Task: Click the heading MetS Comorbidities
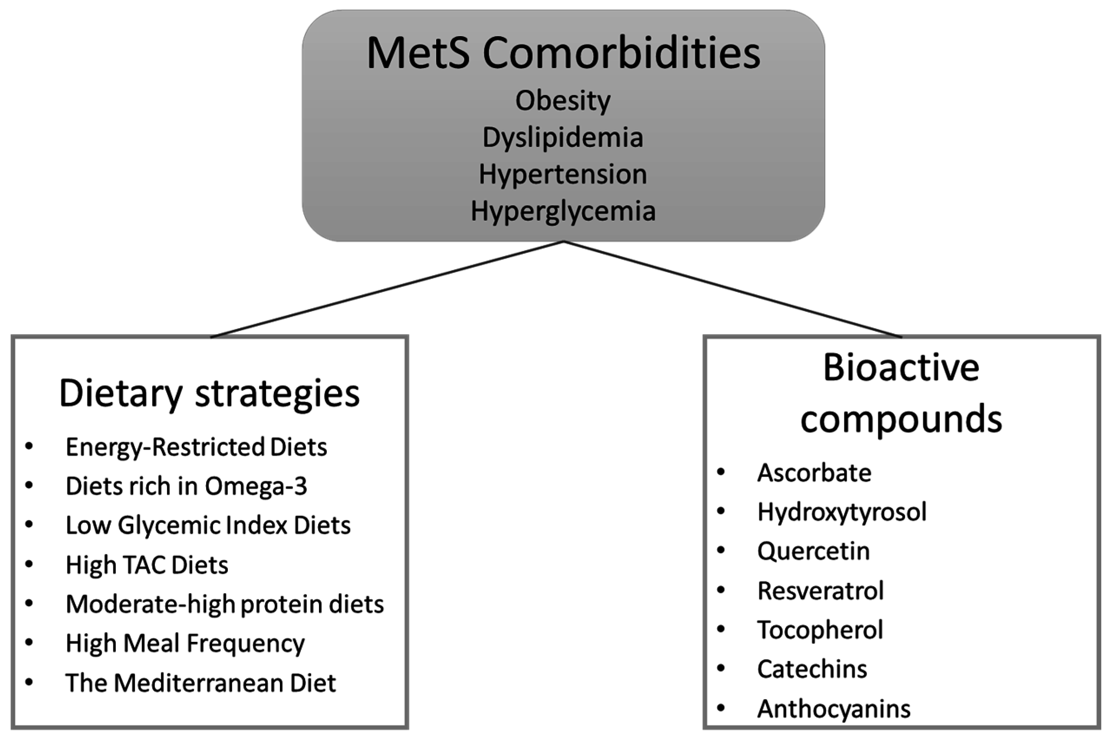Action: (563, 53)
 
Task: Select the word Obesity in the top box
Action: (563, 101)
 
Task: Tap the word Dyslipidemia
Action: (563, 138)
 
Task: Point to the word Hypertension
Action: (563, 174)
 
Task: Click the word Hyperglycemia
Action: (563, 211)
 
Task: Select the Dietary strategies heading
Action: (209, 394)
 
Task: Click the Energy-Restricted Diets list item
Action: (196, 447)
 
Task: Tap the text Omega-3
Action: (256, 486)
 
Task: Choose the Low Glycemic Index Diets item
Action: (208, 525)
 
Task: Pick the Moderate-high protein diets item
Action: (224, 604)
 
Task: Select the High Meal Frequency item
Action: (185, 644)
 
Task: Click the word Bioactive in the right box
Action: (901, 368)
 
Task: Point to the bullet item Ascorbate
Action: (814, 473)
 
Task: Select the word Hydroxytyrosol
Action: (842, 512)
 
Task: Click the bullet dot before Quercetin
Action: (721, 551)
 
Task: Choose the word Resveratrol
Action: (820, 591)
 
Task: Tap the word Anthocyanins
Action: (834, 709)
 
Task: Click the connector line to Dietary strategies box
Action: (387, 289)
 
